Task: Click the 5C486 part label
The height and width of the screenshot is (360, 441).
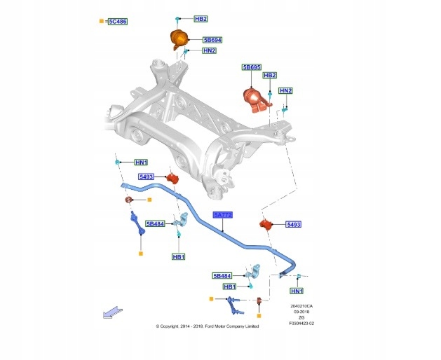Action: pyautogui.click(x=117, y=22)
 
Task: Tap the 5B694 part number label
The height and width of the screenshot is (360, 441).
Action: pyautogui.click(x=212, y=40)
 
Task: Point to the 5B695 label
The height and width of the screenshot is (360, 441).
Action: pyautogui.click(x=251, y=67)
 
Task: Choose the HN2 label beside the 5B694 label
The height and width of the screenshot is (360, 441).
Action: pyautogui.click(x=209, y=50)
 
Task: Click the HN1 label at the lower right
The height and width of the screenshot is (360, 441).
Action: pyautogui.click(x=297, y=291)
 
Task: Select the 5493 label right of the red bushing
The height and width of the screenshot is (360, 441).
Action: pyautogui.click(x=294, y=225)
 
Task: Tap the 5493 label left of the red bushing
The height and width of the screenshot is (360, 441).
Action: pyautogui.click(x=147, y=177)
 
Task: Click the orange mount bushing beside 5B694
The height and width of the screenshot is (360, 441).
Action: pyautogui.click(x=179, y=39)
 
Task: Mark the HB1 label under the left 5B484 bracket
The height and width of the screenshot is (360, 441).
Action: pyautogui.click(x=178, y=257)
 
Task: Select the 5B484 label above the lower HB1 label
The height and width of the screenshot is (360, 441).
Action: pyautogui.click(x=222, y=276)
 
